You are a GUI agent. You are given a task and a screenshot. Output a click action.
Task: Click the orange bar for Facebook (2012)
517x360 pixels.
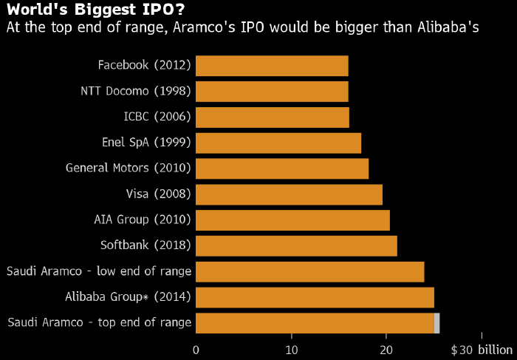(x=272, y=66)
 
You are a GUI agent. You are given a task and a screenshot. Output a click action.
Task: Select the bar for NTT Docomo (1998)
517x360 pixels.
(x=272, y=92)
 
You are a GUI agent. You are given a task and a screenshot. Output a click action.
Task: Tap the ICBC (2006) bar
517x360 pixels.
(x=273, y=117)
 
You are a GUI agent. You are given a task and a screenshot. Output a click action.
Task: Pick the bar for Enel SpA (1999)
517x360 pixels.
(x=278, y=143)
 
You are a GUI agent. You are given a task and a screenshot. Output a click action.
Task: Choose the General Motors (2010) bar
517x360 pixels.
(x=282, y=169)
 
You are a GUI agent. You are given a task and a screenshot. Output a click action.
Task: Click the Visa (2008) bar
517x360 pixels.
(x=289, y=194)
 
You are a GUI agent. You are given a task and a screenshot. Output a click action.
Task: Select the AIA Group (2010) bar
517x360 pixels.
(x=292, y=220)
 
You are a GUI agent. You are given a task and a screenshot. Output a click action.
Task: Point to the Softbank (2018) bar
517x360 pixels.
(x=296, y=245)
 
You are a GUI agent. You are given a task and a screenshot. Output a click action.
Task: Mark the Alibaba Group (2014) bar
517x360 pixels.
(x=315, y=297)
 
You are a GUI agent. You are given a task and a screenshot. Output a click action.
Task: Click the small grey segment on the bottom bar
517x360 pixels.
(x=437, y=323)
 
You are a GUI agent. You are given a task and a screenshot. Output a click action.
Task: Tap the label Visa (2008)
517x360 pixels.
(x=159, y=194)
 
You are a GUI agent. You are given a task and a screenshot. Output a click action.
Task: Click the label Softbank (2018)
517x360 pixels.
(x=145, y=245)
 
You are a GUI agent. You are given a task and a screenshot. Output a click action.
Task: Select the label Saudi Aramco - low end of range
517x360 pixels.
(x=99, y=271)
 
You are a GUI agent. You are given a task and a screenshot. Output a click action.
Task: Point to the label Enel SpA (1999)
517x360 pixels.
(x=146, y=143)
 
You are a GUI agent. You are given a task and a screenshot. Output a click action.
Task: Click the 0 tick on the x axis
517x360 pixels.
(x=196, y=349)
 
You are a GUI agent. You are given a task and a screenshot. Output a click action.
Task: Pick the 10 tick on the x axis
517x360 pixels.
(x=292, y=349)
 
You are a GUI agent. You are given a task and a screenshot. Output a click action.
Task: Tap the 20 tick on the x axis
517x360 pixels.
(x=386, y=349)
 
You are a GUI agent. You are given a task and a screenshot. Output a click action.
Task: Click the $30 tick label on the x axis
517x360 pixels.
(x=461, y=349)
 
